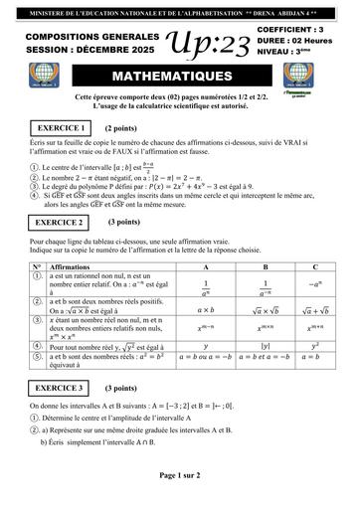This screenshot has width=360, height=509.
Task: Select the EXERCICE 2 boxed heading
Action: tap(60, 223)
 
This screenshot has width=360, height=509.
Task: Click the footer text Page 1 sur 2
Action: tap(180, 475)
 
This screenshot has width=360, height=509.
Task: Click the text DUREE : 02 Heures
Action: tap(301, 43)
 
